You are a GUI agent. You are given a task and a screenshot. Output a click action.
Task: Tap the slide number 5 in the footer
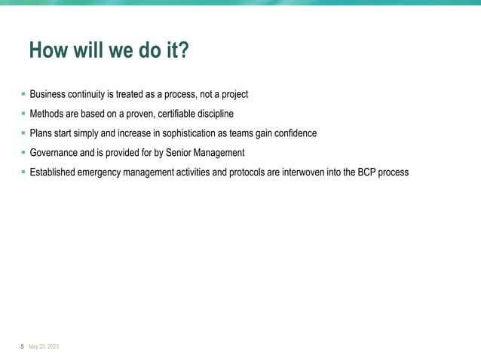point(22,346)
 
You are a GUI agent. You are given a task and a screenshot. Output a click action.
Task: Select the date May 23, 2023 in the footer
point(44,346)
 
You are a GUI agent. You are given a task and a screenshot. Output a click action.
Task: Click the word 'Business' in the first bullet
point(48,94)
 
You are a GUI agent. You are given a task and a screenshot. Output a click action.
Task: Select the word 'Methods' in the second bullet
point(47,114)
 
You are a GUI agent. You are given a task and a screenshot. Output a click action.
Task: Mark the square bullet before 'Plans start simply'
point(23,133)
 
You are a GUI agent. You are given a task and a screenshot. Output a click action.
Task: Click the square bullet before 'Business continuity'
point(23,93)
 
